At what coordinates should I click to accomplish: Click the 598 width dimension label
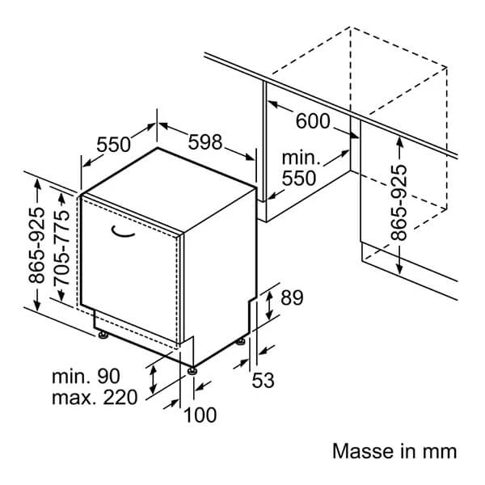205,142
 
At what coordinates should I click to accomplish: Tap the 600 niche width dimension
313,121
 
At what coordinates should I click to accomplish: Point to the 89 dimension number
291,298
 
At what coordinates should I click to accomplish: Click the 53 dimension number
264,379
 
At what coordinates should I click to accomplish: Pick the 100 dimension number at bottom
200,415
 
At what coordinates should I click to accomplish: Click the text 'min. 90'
86,376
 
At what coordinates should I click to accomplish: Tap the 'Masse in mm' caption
394,451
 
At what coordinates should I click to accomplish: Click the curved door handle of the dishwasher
123,233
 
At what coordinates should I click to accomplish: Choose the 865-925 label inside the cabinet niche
398,202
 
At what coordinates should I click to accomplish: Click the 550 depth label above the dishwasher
114,145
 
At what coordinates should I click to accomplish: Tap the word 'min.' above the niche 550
300,157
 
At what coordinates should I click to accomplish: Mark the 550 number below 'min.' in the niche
300,178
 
